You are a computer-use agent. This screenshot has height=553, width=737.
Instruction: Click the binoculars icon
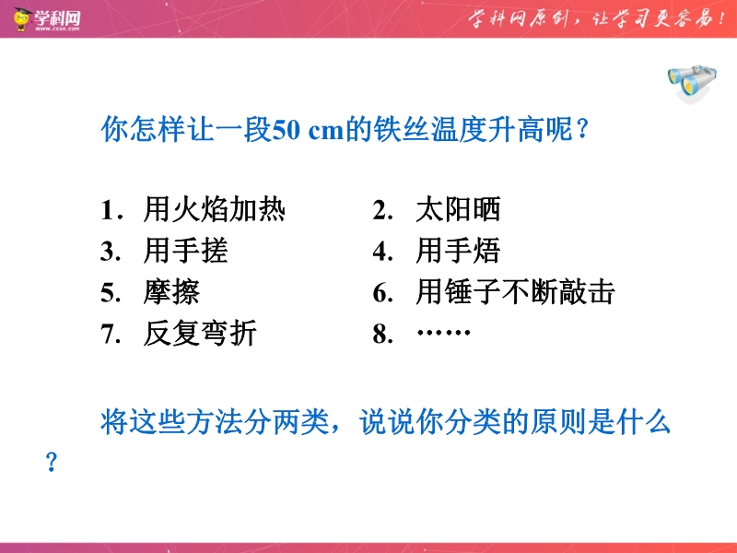tap(692, 83)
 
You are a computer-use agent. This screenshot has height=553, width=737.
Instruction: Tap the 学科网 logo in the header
tap(47, 19)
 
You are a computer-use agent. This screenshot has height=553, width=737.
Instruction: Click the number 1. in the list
tap(111, 210)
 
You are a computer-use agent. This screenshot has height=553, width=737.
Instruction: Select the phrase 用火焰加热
tap(215, 209)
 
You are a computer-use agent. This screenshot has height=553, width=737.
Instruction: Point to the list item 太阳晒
tap(458, 209)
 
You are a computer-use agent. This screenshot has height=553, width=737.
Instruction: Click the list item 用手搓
tap(186, 251)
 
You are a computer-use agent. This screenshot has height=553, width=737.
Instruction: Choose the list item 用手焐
tap(458, 251)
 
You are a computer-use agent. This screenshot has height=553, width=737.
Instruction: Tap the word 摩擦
tap(171, 292)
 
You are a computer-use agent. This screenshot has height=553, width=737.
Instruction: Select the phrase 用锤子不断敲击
tap(516, 292)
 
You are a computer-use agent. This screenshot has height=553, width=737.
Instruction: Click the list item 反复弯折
tap(200, 334)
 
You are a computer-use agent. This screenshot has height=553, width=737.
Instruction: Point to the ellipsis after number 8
tap(443, 333)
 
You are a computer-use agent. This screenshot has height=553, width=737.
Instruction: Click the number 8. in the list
tap(383, 335)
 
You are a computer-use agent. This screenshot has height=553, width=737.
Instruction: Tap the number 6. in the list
tap(383, 293)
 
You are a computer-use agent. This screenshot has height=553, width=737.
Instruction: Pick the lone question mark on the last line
tap(52, 462)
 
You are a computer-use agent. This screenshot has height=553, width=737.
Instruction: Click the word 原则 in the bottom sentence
tap(558, 421)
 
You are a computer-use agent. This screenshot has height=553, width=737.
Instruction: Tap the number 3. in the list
tap(111, 252)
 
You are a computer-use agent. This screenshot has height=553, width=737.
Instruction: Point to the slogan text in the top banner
tap(597, 18)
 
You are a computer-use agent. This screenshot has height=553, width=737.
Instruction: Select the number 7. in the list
tap(111, 335)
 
